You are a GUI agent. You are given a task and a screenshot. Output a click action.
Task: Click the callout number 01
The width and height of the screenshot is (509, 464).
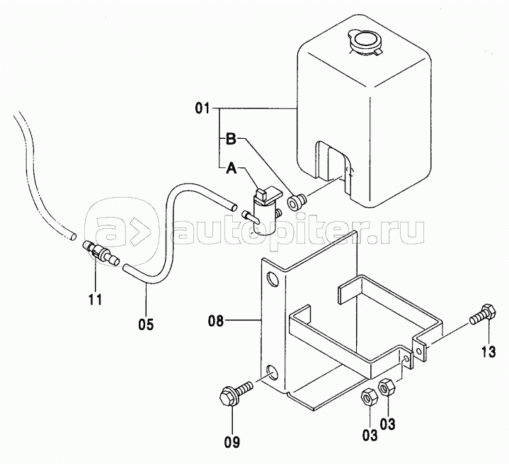coord(202,108)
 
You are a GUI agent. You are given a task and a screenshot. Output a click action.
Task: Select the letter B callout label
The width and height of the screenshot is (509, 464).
coord(231,140)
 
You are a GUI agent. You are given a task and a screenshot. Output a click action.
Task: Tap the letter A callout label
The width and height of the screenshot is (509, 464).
coord(231,169)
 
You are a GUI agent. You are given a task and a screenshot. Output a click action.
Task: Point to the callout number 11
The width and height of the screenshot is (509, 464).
coord(96,299)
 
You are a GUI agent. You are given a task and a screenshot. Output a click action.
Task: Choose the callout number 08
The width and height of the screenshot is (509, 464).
coord(216,322)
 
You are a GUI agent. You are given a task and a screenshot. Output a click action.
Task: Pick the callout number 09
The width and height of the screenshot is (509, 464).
coord(232,442)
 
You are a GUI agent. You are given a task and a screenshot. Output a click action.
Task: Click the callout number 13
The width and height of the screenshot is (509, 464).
coord(488,351)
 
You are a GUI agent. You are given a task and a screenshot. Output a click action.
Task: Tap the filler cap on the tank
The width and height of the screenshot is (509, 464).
coord(365,42)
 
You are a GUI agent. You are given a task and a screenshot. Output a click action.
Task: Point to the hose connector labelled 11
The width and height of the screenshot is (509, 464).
coord(101,252)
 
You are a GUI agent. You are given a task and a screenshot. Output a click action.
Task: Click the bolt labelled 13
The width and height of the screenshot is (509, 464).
coord(483,315)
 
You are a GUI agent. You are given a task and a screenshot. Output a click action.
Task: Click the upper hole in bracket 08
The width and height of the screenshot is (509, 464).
coord(273,279)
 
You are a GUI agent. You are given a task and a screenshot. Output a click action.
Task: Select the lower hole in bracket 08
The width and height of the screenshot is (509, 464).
coord(272,373)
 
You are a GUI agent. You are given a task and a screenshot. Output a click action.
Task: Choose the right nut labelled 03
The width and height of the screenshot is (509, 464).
coord(386,387)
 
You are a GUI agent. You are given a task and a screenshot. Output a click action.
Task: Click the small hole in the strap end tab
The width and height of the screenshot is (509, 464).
coord(420,351)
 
